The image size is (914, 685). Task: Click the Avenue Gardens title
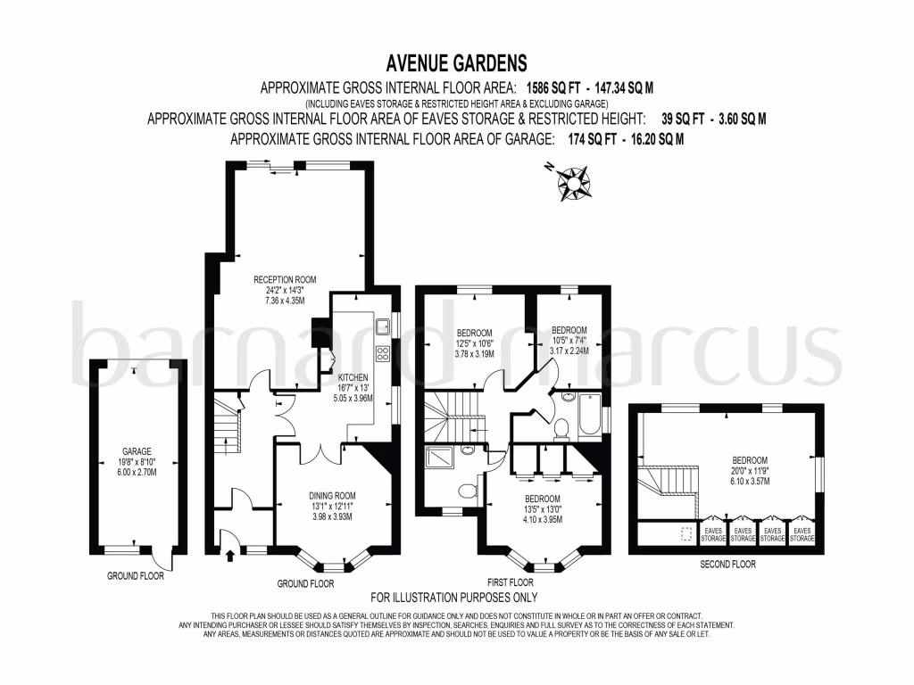pos(456,63)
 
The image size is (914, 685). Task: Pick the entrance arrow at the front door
pos(230,555)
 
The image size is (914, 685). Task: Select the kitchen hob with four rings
pos(383,354)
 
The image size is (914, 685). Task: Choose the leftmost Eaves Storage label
pos(713,533)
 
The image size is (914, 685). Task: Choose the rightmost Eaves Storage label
pos(802,533)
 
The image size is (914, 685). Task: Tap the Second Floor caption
pos(727,565)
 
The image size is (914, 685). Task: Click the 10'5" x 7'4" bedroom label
pos(570,339)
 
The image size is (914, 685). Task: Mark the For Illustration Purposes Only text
pos(453,598)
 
